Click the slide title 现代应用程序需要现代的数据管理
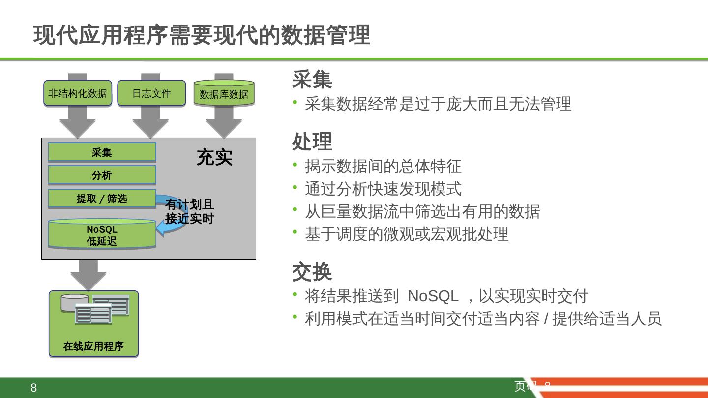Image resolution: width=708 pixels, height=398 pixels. point(202,35)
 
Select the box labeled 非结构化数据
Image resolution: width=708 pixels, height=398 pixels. point(78,93)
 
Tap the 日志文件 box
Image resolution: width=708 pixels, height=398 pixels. point(151,93)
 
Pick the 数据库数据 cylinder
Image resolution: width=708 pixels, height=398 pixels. point(224,94)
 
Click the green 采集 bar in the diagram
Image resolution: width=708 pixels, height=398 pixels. point(102,152)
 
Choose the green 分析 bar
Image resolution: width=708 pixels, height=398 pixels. point(102,175)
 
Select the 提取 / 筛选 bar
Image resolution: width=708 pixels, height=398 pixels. point(102,199)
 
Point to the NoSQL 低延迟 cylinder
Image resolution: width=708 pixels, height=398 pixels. point(102,235)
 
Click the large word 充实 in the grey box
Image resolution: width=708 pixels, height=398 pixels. point(214,157)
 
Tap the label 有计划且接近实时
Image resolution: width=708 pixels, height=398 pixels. point(189,211)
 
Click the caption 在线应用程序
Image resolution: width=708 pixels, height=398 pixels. point(93,346)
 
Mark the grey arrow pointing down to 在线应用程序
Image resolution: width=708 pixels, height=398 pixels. point(88,275)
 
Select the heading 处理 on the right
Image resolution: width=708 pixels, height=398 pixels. point(312,142)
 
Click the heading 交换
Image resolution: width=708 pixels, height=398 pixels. point(312,272)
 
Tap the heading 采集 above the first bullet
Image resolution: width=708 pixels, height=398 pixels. point(312,79)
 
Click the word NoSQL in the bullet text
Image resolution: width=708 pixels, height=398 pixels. point(433,296)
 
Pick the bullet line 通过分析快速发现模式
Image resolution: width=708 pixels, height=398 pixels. point(383,189)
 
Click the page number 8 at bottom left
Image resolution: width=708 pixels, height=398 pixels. point(33,388)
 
